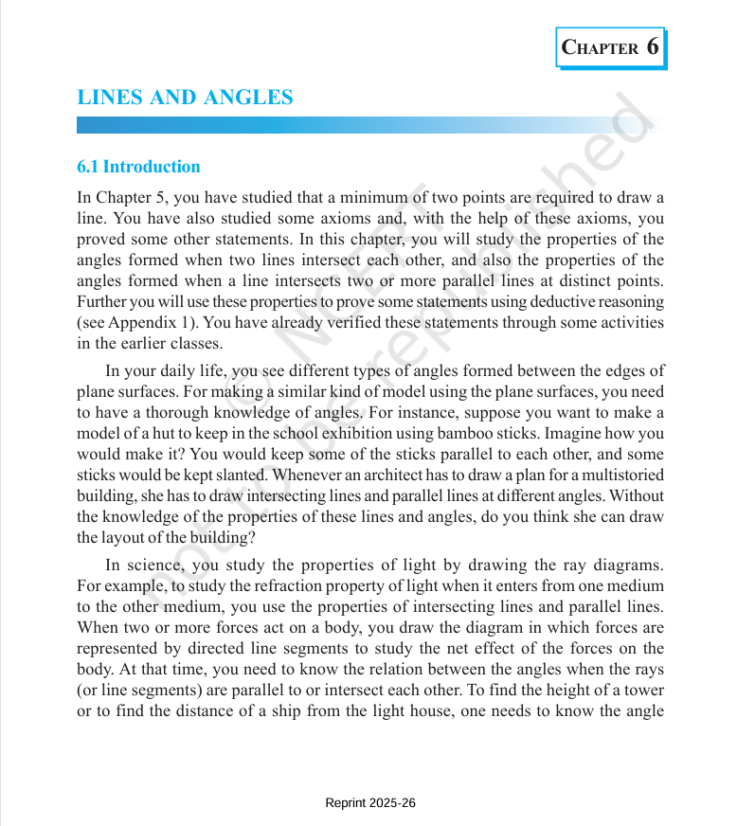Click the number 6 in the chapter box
pyautogui.click(x=653, y=47)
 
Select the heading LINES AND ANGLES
pyautogui.click(x=185, y=98)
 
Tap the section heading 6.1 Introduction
pyautogui.click(x=138, y=167)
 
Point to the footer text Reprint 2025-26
pyautogui.click(x=370, y=803)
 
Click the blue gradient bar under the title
pyautogui.click(x=360, y=125)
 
